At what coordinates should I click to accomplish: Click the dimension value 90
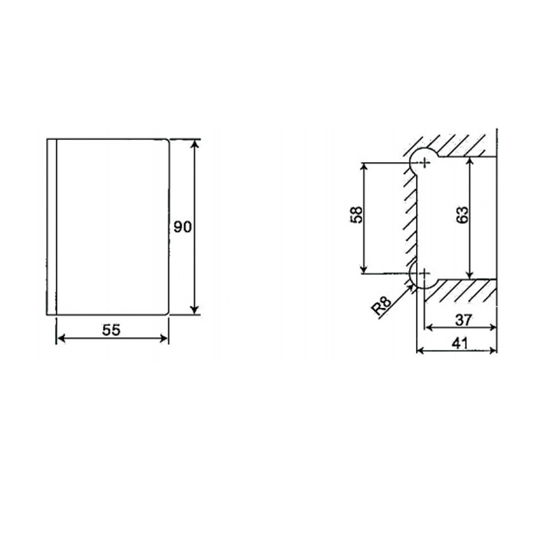point(181,227)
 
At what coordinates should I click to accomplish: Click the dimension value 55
point(111,330)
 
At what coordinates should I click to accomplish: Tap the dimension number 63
point(462,215)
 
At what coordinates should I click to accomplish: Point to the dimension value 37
point(464,318)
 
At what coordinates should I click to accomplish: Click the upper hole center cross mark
point(425,162)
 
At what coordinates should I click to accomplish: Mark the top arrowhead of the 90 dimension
point(195,143)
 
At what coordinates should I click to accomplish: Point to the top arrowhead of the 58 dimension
point(365,167)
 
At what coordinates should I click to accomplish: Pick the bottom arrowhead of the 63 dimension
point(470,274)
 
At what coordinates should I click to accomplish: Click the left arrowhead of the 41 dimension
point(419,351)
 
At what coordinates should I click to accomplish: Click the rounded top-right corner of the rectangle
point(166,141)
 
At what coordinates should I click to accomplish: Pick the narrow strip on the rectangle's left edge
point(52,227)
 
